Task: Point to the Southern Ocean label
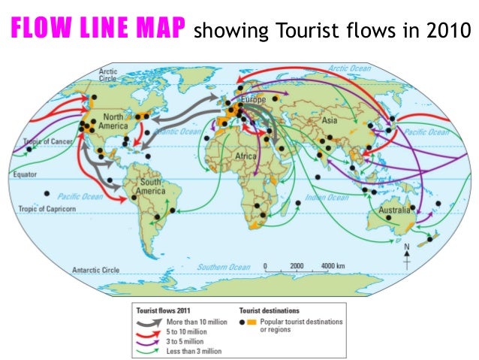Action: tap(223, 267)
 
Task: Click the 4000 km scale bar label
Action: tap(333, 267)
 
